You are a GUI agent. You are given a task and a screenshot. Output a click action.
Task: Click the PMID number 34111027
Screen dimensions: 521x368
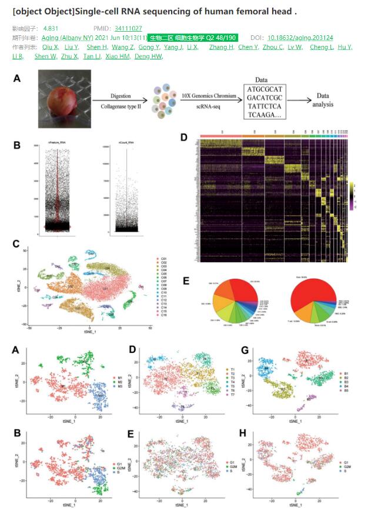(128, 28)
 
